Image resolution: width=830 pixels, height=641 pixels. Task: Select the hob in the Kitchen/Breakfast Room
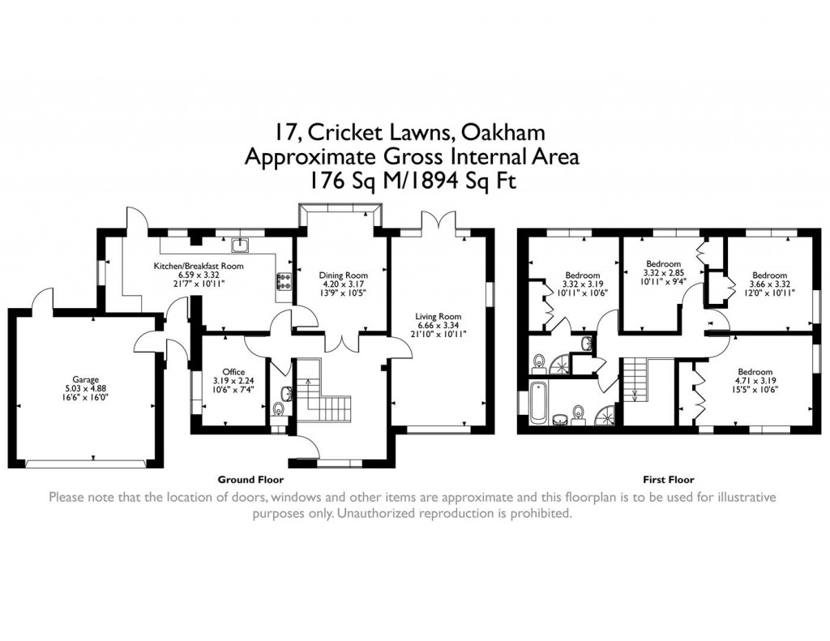point(285,280)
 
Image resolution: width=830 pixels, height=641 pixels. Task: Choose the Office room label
point(233,372)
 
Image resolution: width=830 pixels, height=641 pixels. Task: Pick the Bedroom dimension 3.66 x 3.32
point(768,284)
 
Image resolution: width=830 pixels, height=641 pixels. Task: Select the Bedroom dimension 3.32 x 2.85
point(662,273)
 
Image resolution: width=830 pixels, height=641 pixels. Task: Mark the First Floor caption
point(669,480)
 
